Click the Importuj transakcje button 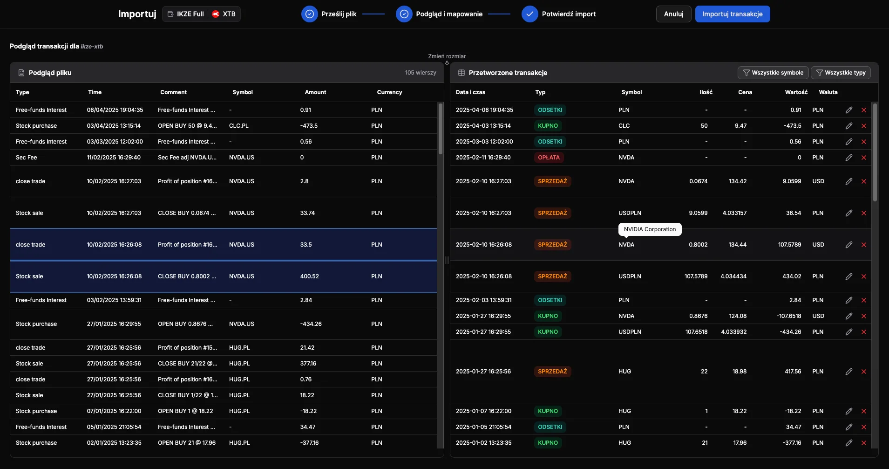coord(732,14)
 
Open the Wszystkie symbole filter coord(773,73)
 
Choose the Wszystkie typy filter coord(841,73)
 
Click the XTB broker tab coord(224,14)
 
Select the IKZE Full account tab coord(186,14)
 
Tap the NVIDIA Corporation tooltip coord(650,229)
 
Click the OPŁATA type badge coord(549,158)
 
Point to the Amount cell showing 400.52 coord(310,276)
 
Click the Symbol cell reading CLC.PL coord(239,126)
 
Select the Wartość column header coord(796,92)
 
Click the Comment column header coord(173,92)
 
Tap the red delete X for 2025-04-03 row coord(864,126)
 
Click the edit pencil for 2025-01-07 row coord(849,411)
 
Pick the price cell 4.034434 coord(733,276)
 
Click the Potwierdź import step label coord(569,14)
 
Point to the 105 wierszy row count coord(421,73)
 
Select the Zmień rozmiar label coord(447,56)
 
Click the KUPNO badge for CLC coord(548,126)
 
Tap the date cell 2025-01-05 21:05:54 coord(483,427)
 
